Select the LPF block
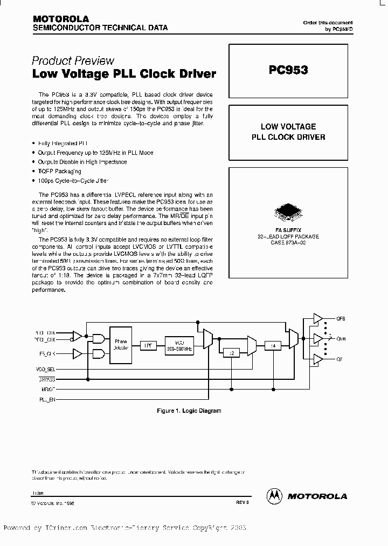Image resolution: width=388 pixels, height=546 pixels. tap(147, 345)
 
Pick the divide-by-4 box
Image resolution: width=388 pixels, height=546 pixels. tap(273, 346)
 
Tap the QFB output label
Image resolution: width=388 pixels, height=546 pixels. tap(340, 319)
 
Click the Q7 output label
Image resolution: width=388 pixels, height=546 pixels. tap(339, 359)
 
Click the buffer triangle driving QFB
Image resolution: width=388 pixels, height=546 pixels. tap(317, 319)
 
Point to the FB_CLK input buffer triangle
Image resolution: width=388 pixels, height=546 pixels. tap(78, 354)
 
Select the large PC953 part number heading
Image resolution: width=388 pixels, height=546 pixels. tap(288, 70)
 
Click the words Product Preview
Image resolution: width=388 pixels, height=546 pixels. tap(73, 60)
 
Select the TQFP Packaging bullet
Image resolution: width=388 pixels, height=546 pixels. tap(59, 170)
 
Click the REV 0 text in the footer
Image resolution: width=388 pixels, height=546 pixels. tap(242, 502)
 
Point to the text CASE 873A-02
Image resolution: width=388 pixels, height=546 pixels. tap(288, 242)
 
